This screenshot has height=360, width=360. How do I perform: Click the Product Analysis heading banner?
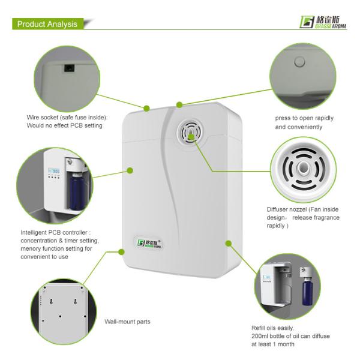click(x=48, y=24)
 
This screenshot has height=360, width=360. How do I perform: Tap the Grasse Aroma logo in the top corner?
click(x=323, y=22)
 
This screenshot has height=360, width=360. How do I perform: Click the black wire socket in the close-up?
click(x=69, y=68)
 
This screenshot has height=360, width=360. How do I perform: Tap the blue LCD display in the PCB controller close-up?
click(x=54, y=170)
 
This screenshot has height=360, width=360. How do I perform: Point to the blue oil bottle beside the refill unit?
click(x=307, y=291)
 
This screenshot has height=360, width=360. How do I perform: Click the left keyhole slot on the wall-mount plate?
click(x=51, y=301)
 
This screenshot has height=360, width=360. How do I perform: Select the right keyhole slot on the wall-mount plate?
click(x=76, y=301)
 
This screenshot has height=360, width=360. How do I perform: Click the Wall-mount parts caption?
click(x=127, y=322)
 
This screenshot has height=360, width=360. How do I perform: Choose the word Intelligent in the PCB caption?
click(x=34, y=233)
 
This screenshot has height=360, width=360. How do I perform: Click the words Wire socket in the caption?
click(x=42, y=118)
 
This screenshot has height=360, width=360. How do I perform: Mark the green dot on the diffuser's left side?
click(x=130, y=170)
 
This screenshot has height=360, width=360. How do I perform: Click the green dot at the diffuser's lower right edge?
click(x=229, y=244)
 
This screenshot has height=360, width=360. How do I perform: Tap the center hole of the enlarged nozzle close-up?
click(x=303, y=167)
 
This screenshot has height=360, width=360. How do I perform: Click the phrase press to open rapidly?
click(x=304, y=118)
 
